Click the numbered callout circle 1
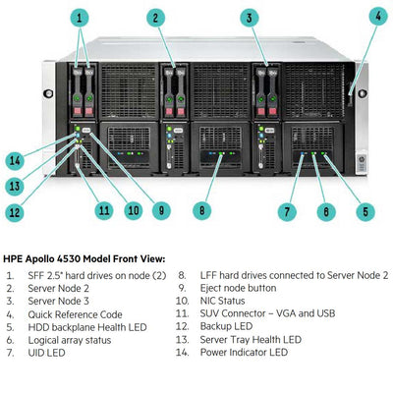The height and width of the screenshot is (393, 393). click(x=80, y=17)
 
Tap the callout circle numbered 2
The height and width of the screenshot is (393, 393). click(x=156, y=17)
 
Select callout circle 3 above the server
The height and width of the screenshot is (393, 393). click(x=251, y=17)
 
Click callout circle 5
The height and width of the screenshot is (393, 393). click(x=366, y=209)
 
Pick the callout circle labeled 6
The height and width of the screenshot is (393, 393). click(x=325, y=209)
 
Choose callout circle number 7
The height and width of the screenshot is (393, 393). click(x=287, y=209)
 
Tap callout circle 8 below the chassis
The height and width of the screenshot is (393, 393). click(x=200, y=209)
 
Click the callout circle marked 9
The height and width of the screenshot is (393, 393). click(x=163, y=209)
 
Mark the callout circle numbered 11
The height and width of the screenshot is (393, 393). click(x=103, y=209)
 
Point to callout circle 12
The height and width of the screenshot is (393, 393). click(x=14, y=209)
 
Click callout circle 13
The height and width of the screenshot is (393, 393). click(x=14, y=185)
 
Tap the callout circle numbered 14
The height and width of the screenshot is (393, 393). click(x=14, y=159)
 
